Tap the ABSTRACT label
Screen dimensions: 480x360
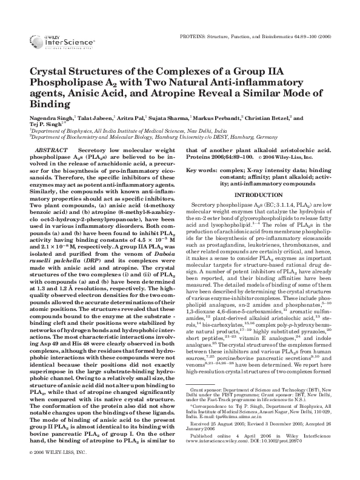[52, 148]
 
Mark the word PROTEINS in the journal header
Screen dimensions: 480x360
[194, 36]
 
